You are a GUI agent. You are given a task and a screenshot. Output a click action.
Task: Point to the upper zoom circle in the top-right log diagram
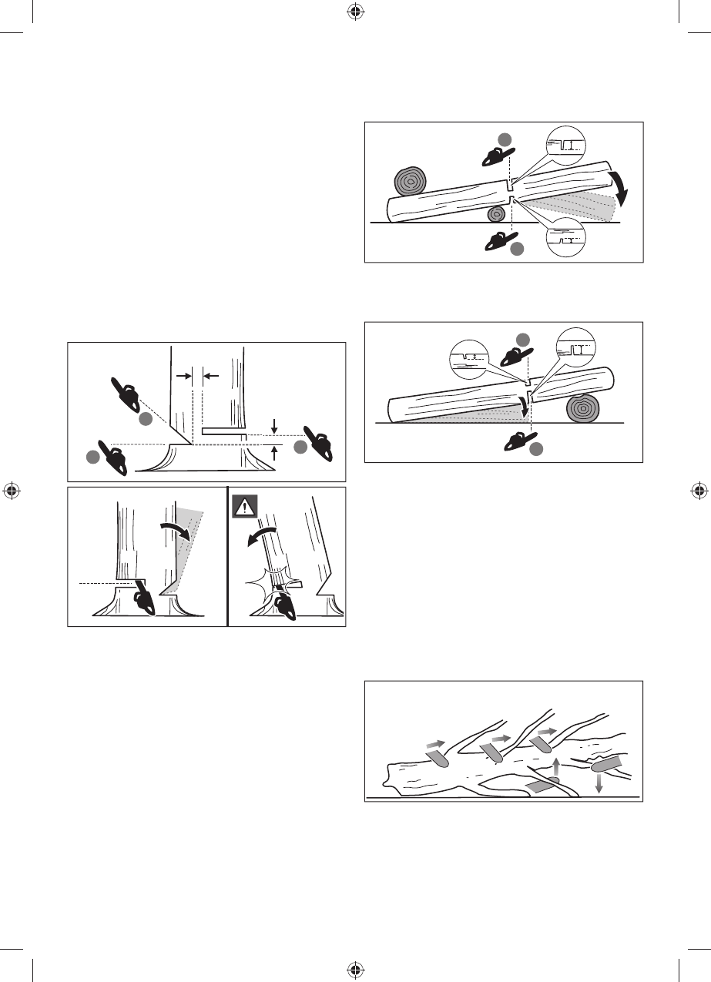[x=565, y=144]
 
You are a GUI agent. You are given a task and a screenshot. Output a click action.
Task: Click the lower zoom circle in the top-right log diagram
[x=566, y=235]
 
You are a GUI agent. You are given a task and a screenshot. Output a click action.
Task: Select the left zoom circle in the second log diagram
[x=471, y=358]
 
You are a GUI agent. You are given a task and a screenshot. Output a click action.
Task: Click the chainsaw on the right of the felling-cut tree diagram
[x=317, y=444]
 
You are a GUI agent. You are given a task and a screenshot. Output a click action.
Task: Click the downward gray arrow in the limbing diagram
[x=599, y=784]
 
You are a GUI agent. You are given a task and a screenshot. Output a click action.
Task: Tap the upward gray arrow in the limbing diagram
[x=556, y=767]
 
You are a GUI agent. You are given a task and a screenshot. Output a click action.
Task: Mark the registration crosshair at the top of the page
[x=355, y=12]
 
